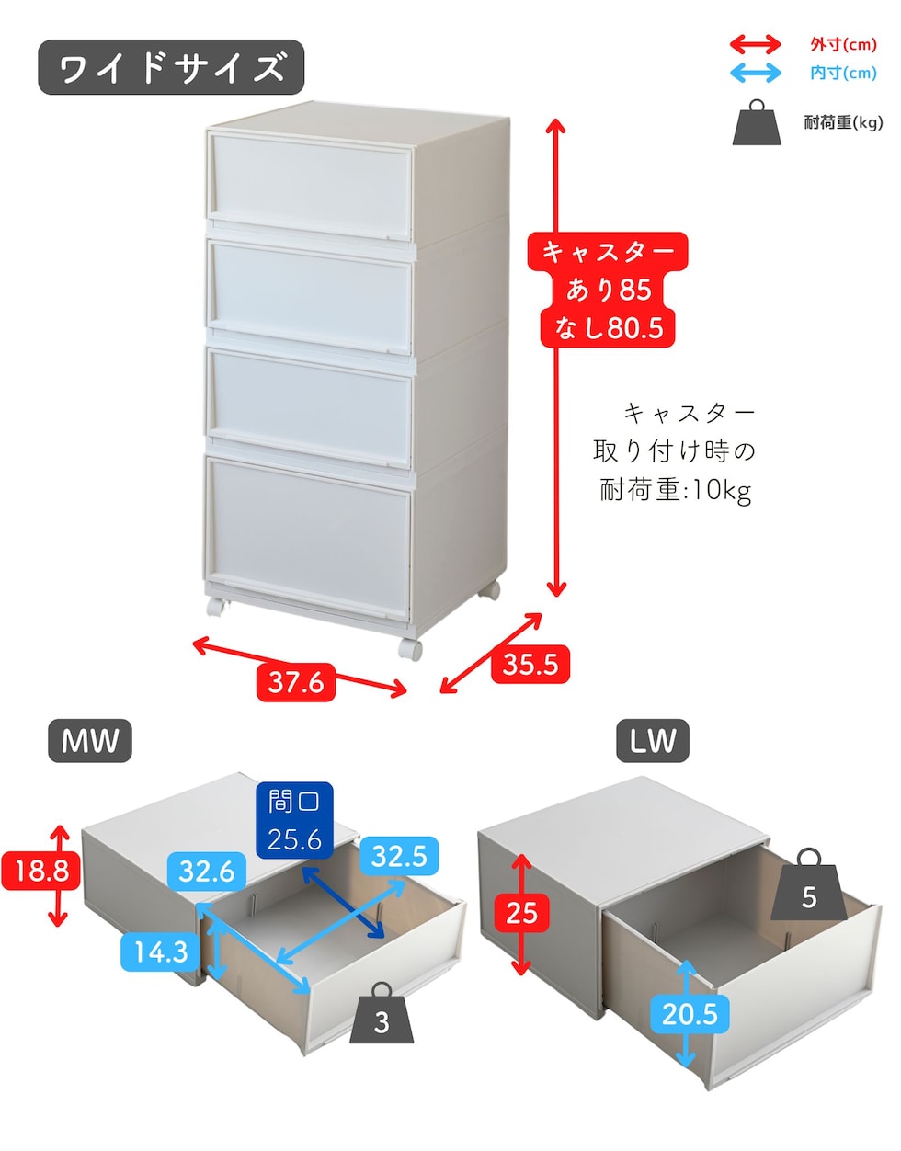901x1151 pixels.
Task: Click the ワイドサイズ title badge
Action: pyautogui.click(x=171, y=67)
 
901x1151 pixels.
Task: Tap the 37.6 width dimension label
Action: pyautogui.click(x=296, y=682)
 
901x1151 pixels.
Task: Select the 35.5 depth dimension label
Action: pyautogui.click(x=530, y=664)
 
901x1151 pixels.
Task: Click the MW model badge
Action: pyautogui.click(x=90, y=740)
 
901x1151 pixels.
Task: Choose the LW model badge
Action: pyautogui.click(x=653, y=740)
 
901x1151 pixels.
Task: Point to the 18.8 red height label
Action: pyautogui.click(x=41, y=871)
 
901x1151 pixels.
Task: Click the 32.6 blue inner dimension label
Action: pyautogui.click(x=206, y=871)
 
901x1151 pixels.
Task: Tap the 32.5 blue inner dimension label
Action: pyautogui.click(x=399, y=856)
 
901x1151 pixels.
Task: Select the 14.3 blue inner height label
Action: pyautogui.click(x=161, y=952)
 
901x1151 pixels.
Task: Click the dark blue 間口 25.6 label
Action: pyautogui.click(x=294, y=820)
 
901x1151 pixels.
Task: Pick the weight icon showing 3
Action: pyautogui.click(x=382, y=1013)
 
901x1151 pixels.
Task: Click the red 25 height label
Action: pyautogui.click(x=521, y=913)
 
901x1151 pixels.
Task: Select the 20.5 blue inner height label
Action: pyautogui.click(x=690, y=1014)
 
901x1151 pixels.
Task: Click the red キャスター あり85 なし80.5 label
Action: pyautogui.click(x=608, y=290)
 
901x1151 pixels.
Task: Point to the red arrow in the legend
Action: pyautogui.click(x=756, y=44)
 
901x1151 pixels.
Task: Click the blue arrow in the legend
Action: pyautogui.click(x=756, y=73)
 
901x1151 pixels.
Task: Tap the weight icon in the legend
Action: pyautogui.click(x=757, y=122)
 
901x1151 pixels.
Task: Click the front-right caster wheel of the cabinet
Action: pyautogui.click(x=410, y=649)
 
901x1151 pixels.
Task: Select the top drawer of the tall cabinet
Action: pyautogui.click(x=312, y=185)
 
